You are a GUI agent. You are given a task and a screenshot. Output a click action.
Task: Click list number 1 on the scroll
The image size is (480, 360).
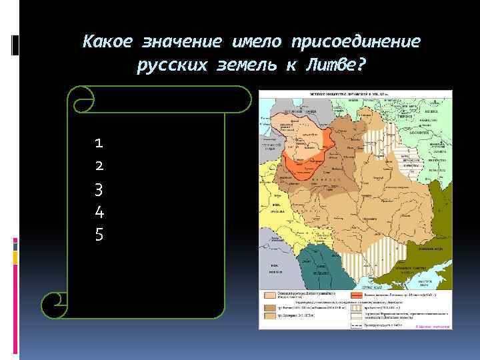coord(99,143)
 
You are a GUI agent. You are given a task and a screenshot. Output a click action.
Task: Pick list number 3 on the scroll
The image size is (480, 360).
coord(99,189)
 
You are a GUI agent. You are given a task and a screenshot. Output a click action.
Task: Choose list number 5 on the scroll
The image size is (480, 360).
coord(99,235)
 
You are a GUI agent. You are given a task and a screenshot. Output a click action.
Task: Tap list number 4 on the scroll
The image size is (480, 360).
coord(99,213)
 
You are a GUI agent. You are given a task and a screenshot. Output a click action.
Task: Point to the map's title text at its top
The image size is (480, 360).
coord(353,94)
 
